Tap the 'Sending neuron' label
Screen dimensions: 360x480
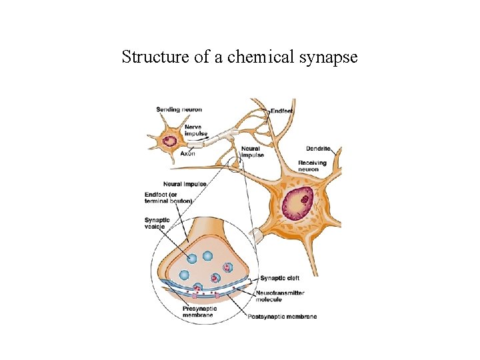pos(179,109)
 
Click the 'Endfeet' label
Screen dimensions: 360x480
pos(282,110)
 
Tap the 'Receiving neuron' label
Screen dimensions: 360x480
pos(312,166)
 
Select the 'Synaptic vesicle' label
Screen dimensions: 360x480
pos(157,223)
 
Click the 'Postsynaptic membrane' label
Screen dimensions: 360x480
pos(282,316)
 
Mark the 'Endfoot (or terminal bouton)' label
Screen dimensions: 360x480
pos(168,198)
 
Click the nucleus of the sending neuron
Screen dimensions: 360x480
pos(171,141)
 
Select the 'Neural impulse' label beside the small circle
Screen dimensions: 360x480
pos(252,152)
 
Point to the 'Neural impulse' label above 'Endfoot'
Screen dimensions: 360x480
pos(184,184)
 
